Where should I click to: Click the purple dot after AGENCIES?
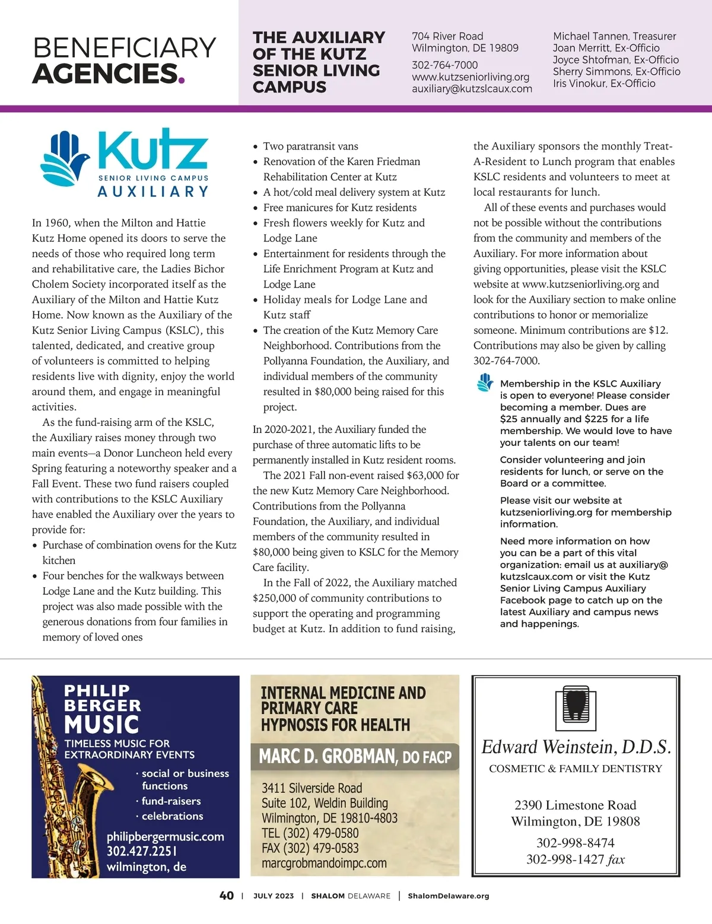tap(182, 79)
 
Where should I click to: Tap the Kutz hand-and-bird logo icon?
tap(65, 158)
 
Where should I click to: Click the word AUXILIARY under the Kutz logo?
tap(153, 192)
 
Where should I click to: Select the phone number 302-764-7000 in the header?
tap(444, 65)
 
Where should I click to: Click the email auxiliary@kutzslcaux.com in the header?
tap(472, 89)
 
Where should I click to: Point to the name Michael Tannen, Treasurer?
tap(614, 36)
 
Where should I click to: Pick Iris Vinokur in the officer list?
tap(579, 84)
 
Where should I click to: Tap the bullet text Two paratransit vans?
tap(310, 146)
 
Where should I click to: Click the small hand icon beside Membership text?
tap(485, 383)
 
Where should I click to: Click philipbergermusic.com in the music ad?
tap(165, 837)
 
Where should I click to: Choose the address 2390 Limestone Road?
tap(575, 805)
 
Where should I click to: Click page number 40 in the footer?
tap(227, 896)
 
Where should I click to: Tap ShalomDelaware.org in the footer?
tap(448, 896)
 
